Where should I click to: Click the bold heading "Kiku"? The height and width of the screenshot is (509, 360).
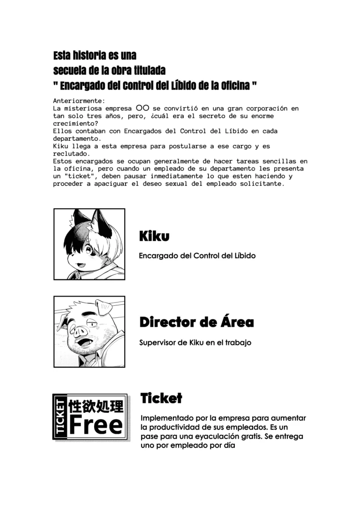[154, 236]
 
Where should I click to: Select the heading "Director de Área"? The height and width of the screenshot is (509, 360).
[196, 322]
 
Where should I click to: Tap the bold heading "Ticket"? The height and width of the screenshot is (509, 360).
[161, 399]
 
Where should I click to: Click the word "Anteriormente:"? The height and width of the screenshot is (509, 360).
[79, 101]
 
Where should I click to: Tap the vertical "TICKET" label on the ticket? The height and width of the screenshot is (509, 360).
[60, 417]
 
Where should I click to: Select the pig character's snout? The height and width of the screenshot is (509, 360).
[79, 332]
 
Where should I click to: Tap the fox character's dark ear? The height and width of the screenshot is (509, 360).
[102, 222]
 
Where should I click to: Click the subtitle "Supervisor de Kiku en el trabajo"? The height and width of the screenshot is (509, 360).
[195, 342]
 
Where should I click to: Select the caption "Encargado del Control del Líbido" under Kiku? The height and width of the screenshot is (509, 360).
[197, 256]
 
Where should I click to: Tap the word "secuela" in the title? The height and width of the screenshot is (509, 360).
[69, 71]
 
